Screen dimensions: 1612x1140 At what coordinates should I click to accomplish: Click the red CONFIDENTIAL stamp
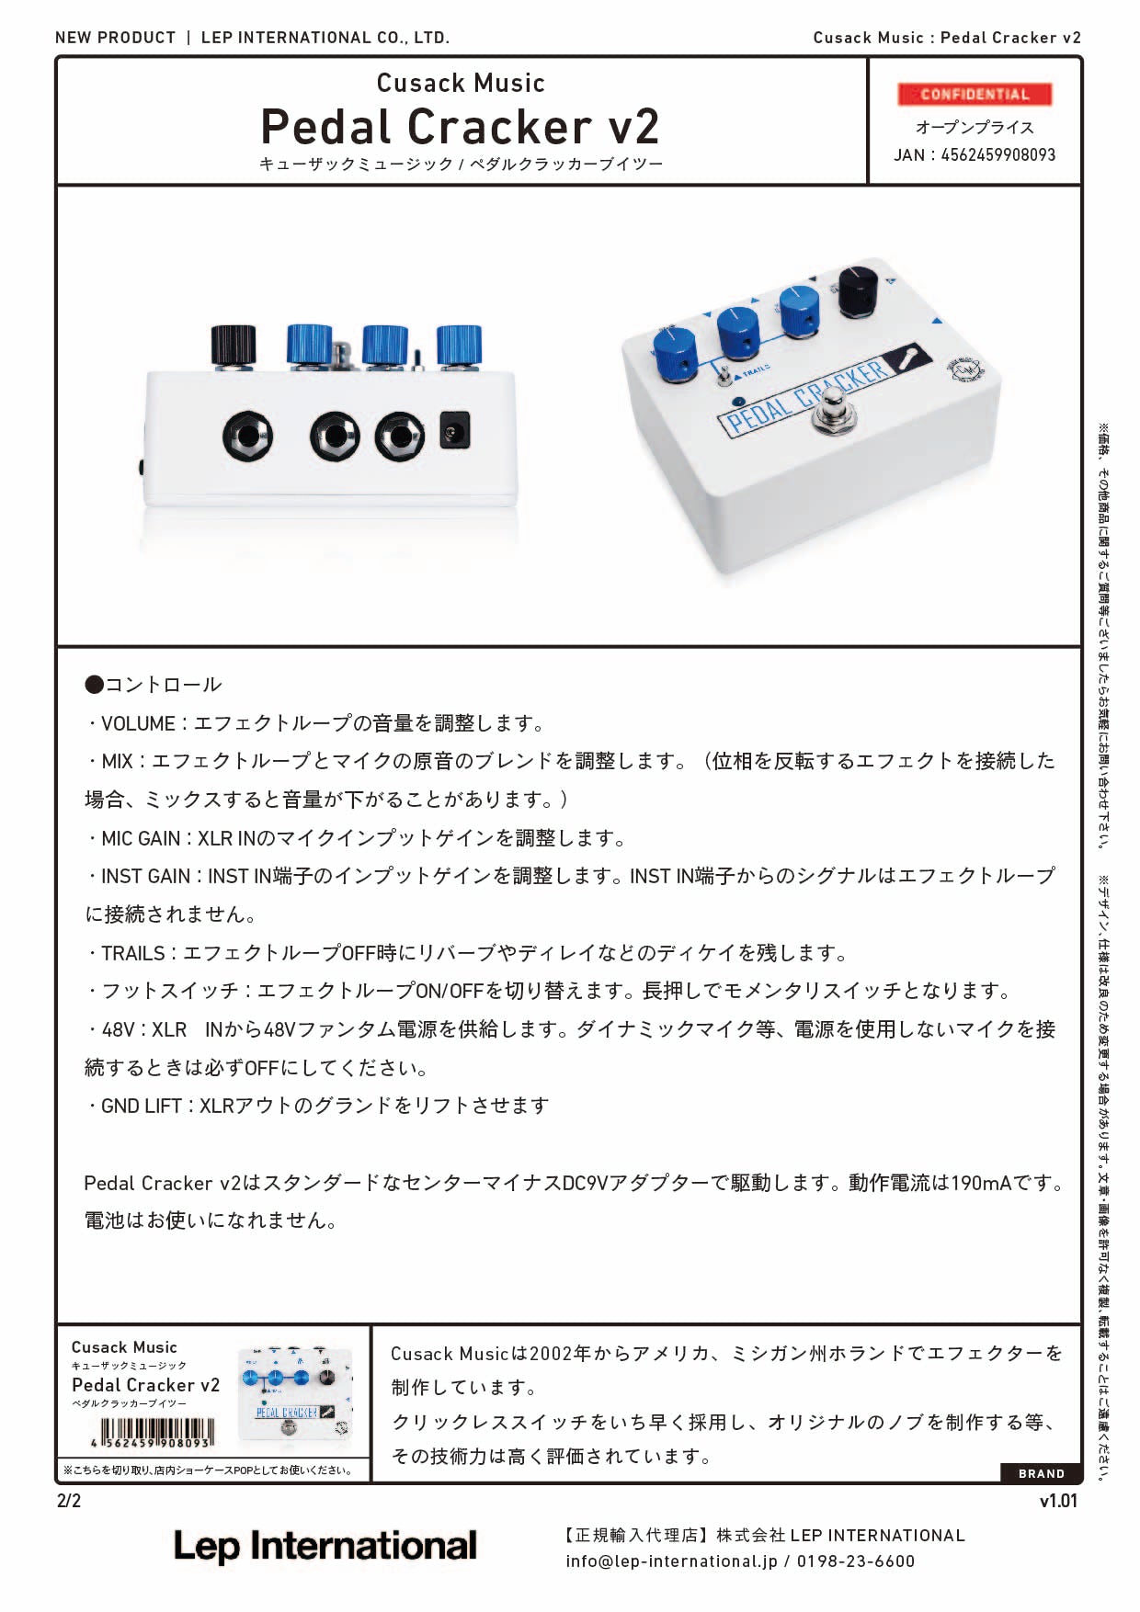coord(975,95)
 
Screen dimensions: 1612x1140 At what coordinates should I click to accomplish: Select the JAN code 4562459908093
coord(997,155)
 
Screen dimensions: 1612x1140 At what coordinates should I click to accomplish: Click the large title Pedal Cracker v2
coord(460,127)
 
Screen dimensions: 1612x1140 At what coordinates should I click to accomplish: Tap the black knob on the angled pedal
coord(859,289)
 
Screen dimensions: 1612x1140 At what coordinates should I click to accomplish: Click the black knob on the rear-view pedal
coord(234,345)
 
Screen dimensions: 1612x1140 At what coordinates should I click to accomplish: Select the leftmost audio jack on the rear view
coord(247,437)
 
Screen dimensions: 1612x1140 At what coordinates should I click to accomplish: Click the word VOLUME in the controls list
coord(138,724)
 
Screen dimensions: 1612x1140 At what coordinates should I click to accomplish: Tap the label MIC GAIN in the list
coord(141,839)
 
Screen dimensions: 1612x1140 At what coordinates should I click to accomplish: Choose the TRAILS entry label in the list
coord(133,954)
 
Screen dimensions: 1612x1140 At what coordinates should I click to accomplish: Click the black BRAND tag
coord(1041,1474)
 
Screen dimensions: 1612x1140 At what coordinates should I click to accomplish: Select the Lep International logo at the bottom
coord(325,1547)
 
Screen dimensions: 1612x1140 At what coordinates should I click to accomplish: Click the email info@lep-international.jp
coord(671,1561)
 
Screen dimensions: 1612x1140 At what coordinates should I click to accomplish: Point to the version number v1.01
coord(1058,1502)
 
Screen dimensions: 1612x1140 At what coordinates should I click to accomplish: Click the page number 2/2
coord(69,1502)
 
